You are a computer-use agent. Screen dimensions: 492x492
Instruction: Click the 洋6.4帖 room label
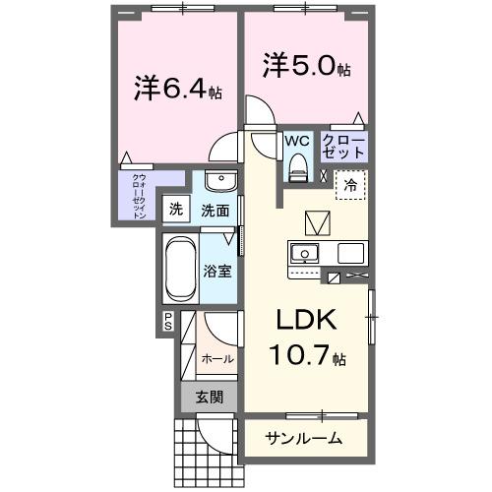click(x=178, y=89)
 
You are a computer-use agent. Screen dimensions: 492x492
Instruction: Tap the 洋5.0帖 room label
click(x=307, y=67)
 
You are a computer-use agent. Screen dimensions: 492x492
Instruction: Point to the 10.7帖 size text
click(x=306, y=354)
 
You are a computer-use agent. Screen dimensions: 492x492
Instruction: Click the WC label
click(x=296, y=142)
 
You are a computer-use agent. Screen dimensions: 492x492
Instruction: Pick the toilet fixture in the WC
click(x=296, y=169)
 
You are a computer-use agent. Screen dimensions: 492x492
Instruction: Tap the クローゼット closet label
click(x=344, y=148)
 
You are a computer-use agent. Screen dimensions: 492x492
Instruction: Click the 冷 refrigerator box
click(x=350, y=183)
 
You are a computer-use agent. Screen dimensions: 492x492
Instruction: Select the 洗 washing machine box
click(x=175, y=209)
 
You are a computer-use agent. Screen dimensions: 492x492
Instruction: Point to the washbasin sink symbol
click(x=221, y=184)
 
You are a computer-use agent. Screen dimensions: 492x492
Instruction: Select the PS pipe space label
click(x=168, y=320)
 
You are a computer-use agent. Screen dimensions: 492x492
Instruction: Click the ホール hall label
click(x=216, y=359)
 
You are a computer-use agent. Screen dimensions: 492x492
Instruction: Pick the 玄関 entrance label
click(x=209, y=398)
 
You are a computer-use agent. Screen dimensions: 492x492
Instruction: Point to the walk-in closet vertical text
click(x=139, y=195)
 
